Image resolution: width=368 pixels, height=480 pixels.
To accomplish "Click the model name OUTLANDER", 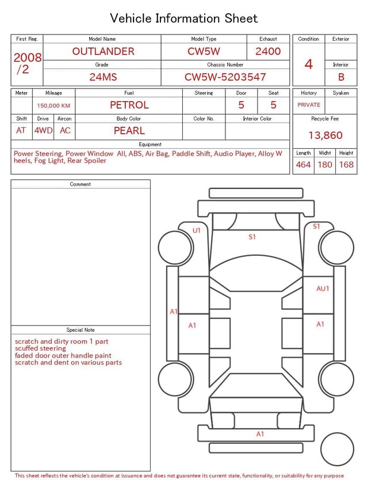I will point(103,51).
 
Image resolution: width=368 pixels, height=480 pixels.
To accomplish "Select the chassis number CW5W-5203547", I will point(225,77).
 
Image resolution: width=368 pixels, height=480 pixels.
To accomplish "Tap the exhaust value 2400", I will point(268,51).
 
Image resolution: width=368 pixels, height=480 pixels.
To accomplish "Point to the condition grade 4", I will point(308,64).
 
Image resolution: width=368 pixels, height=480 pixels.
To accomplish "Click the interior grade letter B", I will point(341,77).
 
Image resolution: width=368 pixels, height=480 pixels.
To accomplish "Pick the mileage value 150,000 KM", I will point(53,106).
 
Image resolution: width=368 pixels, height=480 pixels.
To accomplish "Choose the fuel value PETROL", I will point(129,105).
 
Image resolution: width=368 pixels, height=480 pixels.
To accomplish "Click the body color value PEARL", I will point(129,130).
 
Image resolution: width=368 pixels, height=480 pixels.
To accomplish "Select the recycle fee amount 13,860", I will point(325,135).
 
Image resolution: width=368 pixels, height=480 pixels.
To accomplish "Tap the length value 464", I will point(303,165).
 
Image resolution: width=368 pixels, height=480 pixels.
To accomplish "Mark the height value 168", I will point(346,165).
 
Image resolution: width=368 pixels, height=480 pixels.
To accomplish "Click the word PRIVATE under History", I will point(309,105).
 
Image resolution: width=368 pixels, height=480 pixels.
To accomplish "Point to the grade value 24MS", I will point(103,77).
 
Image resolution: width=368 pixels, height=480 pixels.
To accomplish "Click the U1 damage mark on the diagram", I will point(197,231).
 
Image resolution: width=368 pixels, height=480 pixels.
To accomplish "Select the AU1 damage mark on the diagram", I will point(323,289).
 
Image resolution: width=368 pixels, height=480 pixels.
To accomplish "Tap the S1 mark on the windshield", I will point(252,237).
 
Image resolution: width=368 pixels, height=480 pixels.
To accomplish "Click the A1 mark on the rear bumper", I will point(260,434).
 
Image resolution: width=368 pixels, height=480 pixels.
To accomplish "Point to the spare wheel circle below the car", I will point(337,449).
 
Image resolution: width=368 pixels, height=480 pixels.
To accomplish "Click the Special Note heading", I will point(80,330).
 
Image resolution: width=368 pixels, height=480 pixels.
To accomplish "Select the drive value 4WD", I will point(43,130).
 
